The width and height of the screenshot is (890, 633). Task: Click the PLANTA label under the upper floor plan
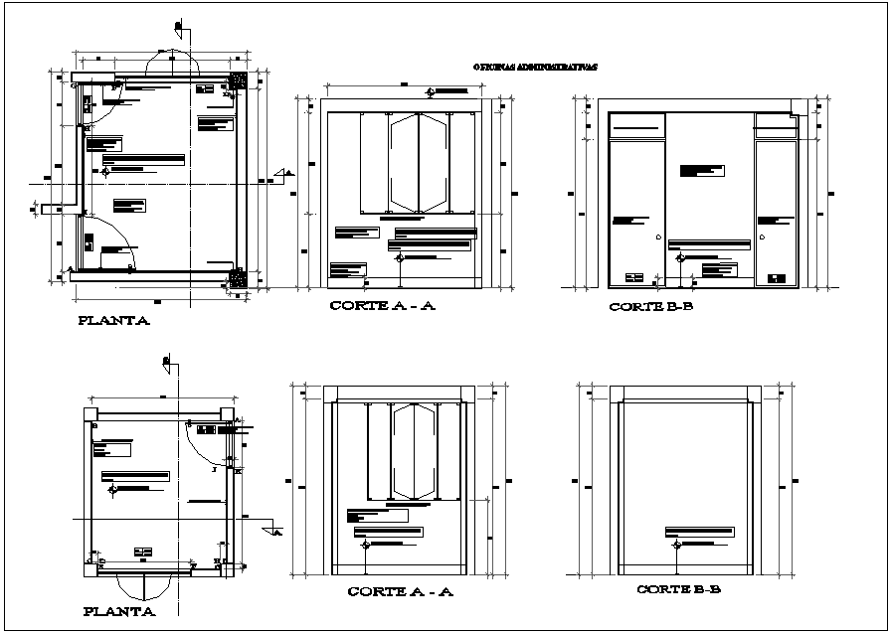114,322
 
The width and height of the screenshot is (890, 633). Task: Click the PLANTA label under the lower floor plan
118,612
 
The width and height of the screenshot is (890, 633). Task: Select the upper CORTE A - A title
383,307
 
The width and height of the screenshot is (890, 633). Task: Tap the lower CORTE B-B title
679,589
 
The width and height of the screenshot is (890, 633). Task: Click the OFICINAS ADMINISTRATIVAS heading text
536,69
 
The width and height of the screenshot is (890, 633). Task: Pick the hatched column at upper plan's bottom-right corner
238,278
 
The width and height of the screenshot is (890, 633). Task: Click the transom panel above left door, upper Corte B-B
635,125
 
